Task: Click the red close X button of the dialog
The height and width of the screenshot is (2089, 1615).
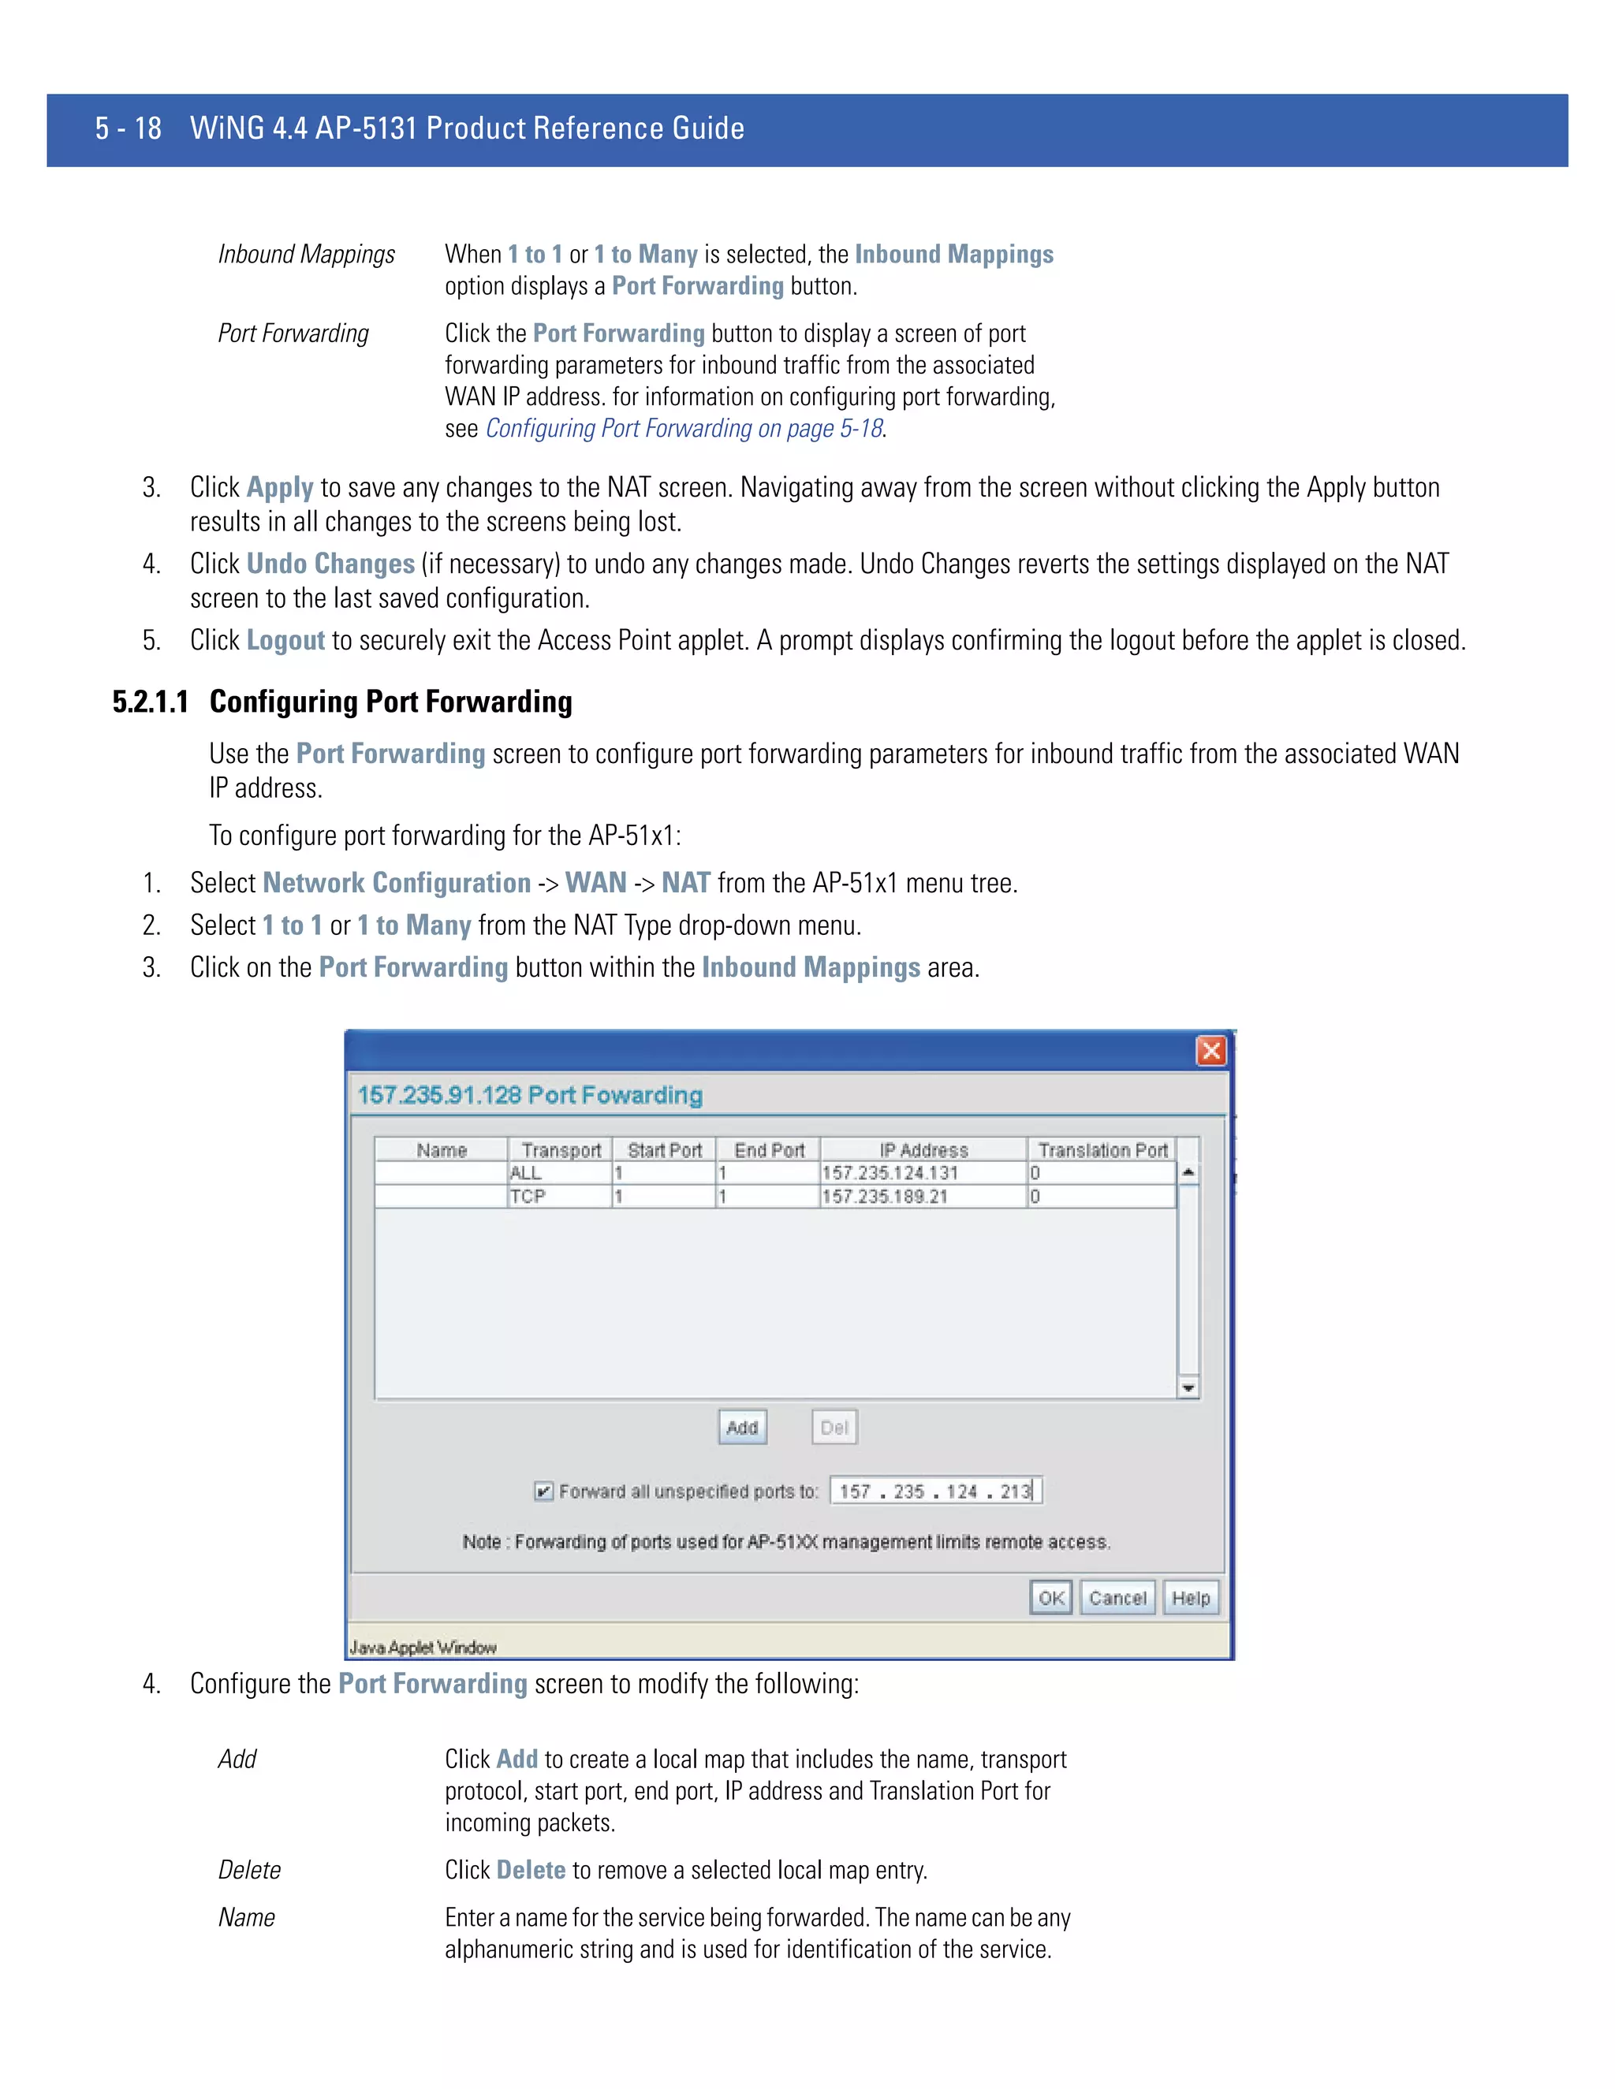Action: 1210,1050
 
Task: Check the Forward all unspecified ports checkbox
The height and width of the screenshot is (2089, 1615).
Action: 543,1491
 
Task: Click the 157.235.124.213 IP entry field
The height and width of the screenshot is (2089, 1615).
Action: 934,1491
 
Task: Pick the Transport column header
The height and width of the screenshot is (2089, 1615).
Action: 561,1149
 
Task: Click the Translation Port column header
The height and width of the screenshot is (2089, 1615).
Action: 1102,1149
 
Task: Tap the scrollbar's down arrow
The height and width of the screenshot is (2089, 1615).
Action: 1188,1388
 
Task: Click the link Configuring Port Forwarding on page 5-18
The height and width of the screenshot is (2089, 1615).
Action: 683,429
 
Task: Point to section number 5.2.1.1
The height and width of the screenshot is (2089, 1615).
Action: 150,702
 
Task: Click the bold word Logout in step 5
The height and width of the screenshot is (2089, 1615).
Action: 285,640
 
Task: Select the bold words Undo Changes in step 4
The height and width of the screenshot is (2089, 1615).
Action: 330,564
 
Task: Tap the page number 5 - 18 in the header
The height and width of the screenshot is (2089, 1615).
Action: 129,128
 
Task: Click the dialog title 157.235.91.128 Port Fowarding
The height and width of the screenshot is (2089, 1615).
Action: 529,1094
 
